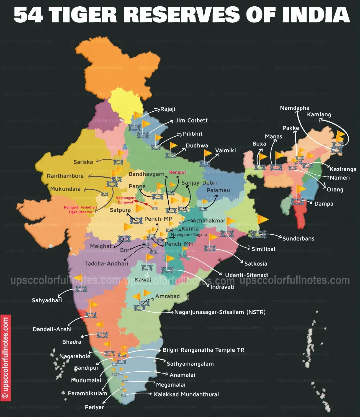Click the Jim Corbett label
point(191,121)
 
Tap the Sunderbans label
point(298,239)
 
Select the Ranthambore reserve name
point(65,176)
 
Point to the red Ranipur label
point(178,172)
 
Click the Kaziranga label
point(343,169)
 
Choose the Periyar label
point(94,407)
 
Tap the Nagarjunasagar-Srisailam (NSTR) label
point(220,312)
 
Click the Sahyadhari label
point(47,300)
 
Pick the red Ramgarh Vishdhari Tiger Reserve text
point(80,209)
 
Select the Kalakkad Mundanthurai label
point(186,394)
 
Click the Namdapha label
point(294,108)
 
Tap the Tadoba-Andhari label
point(106,263)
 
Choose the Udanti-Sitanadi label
point(246,275)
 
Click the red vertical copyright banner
point(6,357)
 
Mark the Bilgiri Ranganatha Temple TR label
point(203,350)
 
